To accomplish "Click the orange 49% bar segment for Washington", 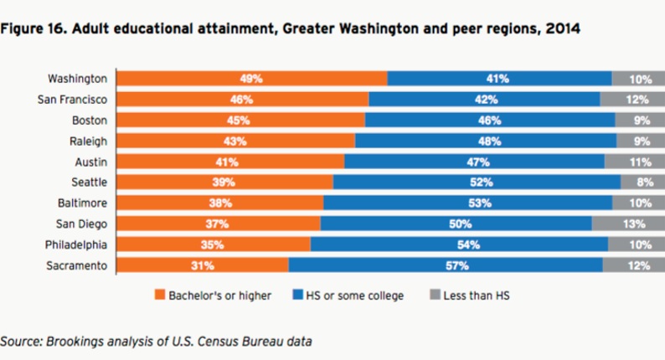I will pyautogui.click(x=251, y=79).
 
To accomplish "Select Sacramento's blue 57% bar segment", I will pyautogui.click(x=445, y=265).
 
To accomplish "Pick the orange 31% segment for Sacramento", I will pyautogui.click(x=202, y=265).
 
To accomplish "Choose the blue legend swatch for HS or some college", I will pyautogui.click(x=299, y=295).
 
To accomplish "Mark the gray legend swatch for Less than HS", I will pyautogui.click(x=434, y=295).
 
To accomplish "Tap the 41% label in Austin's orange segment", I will pyautogui.click(x=229, y=162).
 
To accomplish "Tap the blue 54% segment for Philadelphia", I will pyautogui.click(x=459, y=244).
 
